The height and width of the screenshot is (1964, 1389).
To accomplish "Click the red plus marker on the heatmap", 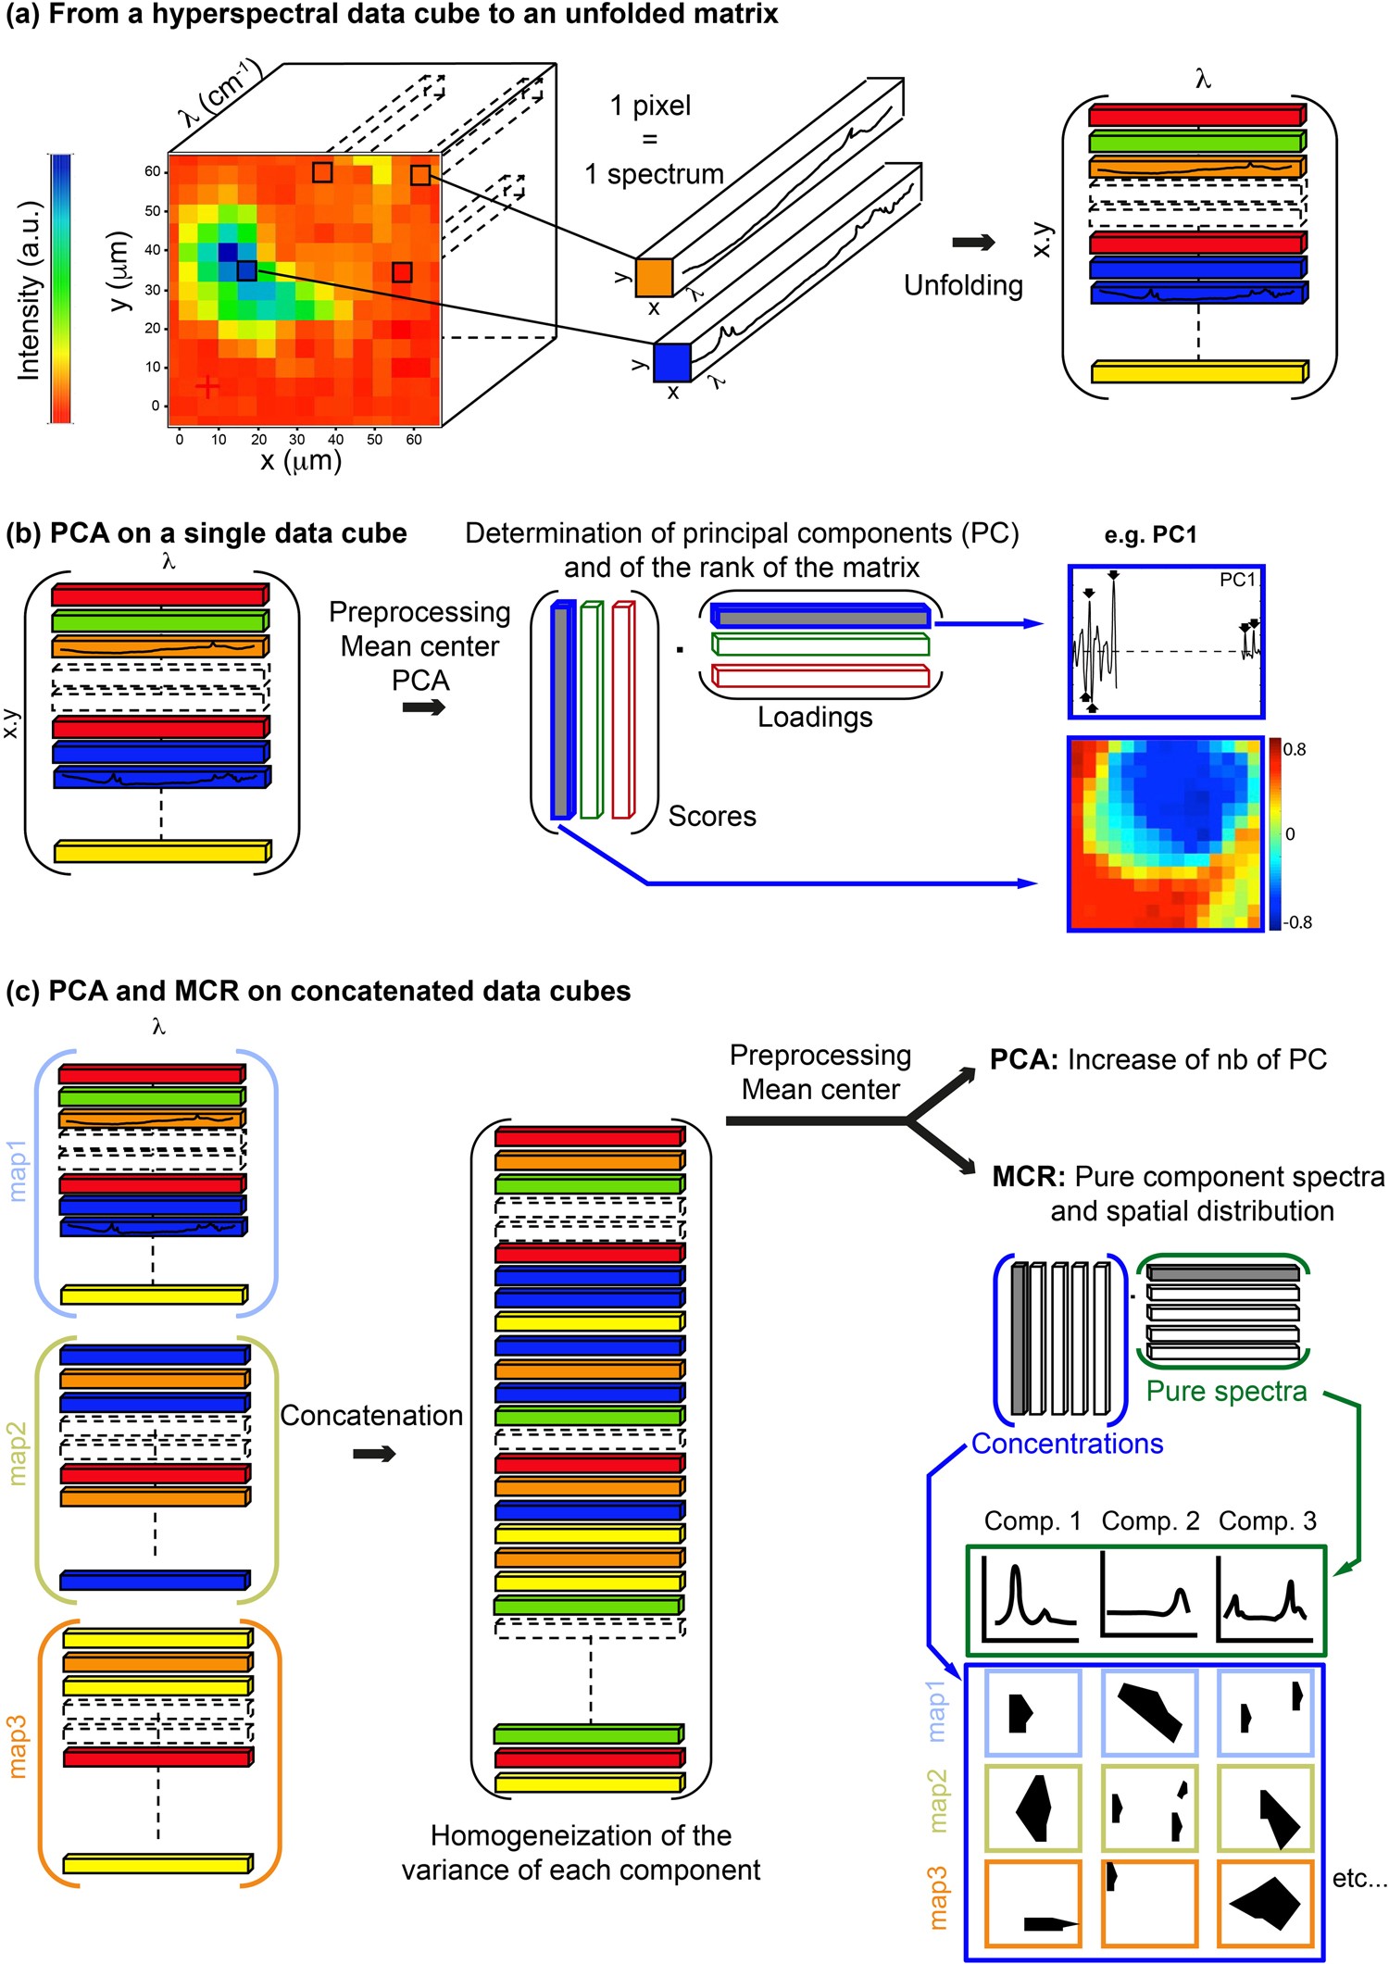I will [207, 385].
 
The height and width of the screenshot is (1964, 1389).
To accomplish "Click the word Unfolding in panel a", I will [963, 285].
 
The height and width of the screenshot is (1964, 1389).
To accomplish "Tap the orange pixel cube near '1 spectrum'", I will [654, 277].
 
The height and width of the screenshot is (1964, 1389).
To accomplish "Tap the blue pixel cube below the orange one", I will [671, 362].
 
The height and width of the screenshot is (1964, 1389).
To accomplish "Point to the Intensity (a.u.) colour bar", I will [61, 289].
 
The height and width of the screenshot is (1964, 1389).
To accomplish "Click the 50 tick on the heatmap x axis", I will [374, 440].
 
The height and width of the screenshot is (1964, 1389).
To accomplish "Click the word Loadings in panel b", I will [815, 718].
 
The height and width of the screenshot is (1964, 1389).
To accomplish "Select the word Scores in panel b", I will [712, 817].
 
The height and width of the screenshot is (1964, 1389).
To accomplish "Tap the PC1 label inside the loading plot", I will [1237, 581].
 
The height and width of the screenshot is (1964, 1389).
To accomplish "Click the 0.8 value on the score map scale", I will [1295, 750].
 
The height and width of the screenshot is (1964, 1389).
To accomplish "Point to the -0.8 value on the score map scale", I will [1297, 922].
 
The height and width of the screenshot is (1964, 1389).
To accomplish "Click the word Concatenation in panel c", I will [371, 1416].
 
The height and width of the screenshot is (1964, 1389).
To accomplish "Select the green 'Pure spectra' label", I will [1226, 1392].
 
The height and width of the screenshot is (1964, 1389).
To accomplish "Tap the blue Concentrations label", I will [1067, 1445].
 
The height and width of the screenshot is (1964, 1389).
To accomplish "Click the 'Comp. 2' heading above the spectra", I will [1150, 1521].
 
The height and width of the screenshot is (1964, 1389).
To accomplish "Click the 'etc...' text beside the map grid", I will [1358, 1879].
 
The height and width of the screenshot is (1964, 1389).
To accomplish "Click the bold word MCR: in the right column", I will [1029, 1177].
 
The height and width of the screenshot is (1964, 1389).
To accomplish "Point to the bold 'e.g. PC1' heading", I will [1150, 535].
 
